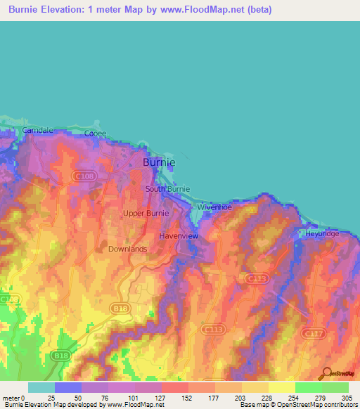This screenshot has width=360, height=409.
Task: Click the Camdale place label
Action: click(x=37, y=131)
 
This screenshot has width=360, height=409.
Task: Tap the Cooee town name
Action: click(x=95, y=133)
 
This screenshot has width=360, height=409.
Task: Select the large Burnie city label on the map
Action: click(x=159, y=162)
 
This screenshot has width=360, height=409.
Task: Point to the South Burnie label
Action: click(x=167, y=189)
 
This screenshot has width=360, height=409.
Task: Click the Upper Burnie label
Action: click(x=146, y=213)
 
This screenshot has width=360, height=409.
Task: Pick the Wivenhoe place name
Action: click(x=214, y=207)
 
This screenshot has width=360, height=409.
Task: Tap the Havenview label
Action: click(x=179, y=236)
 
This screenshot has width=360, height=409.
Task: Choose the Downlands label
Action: click(x=127, y=249)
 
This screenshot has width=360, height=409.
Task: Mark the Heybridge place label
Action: click(x=322, y=233)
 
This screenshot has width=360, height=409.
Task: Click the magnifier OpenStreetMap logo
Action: click(x=326, y=373)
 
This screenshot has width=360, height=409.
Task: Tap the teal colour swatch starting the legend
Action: click(x=41, y=387)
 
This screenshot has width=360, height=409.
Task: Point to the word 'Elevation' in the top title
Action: click(x=61, y=10)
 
